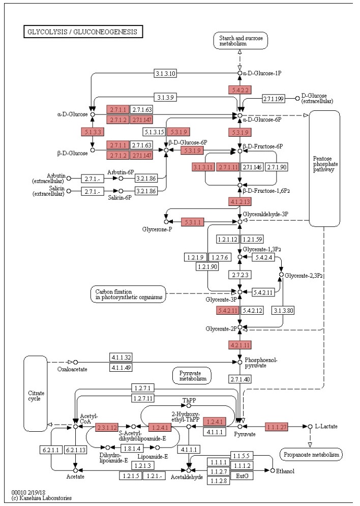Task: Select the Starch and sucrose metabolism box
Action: [x=240, y=40]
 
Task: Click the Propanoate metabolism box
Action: [x=311, y=454]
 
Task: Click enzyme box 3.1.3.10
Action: [x=166, y=73]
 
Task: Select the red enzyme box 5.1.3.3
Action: [x=93, y=132]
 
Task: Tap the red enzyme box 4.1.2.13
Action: [x=240, y=201]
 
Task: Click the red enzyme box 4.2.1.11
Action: [x=240, y=345]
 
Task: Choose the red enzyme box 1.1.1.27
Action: [x=276, y=426]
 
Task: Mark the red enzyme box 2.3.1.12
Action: [x=107, y=426]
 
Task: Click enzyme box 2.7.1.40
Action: [x=240, y=379]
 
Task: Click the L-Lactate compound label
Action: [x=326, y=426]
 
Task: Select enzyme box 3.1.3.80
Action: [x=284, y=310]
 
